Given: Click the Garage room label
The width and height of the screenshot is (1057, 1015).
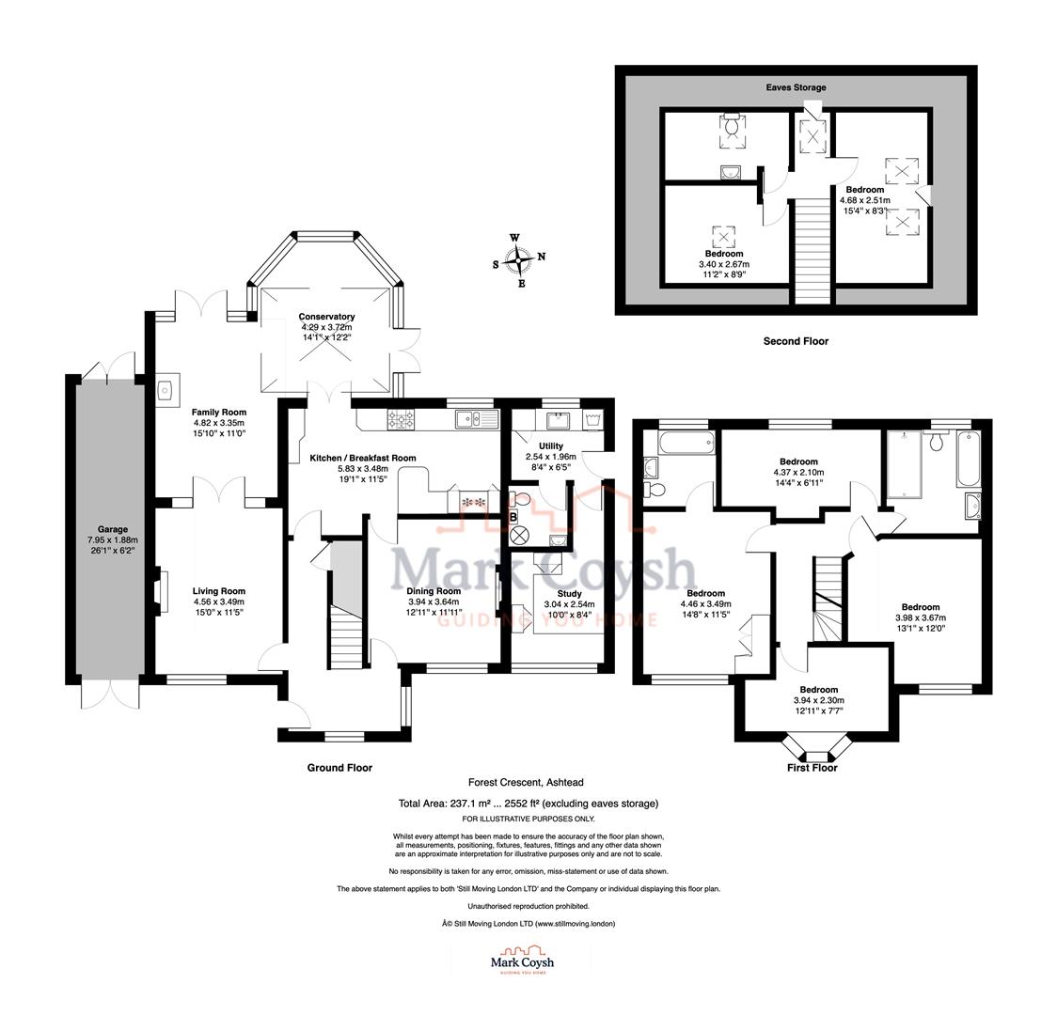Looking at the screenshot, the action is [112, 529].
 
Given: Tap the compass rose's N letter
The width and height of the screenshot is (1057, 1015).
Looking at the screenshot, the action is [542, 257].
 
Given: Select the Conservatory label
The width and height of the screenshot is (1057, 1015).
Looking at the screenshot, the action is [326, 317].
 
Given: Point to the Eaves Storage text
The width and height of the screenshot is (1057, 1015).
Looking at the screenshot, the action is [796, 87].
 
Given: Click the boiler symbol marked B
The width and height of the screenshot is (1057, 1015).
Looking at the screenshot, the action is [513, 517].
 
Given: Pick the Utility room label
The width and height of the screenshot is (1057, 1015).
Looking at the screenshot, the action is [551, 445].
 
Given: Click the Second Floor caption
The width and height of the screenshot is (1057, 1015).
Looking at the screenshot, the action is [796, 341].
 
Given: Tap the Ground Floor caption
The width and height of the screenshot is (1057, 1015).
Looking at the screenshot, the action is [339, 767].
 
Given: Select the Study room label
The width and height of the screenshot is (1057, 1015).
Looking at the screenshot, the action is [570, 594].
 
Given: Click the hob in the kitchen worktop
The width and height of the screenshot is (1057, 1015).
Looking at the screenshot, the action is [402, 419].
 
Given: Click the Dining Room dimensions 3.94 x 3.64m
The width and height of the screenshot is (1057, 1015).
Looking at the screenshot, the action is [434, 602].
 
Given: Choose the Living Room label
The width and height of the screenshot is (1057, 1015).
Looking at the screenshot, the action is [219, 591].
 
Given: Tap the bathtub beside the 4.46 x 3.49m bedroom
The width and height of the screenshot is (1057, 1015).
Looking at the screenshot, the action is [677, 444].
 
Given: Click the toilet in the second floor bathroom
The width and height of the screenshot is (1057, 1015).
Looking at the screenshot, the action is [731, 126].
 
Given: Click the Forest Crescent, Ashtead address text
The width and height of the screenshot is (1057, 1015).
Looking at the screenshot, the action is [526, 783].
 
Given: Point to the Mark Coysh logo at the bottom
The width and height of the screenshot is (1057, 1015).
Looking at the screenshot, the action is [522, 960].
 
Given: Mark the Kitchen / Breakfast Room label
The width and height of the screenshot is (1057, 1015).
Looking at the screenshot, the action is [363, 458].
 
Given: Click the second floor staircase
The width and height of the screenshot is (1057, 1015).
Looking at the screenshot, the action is [812, 251].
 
